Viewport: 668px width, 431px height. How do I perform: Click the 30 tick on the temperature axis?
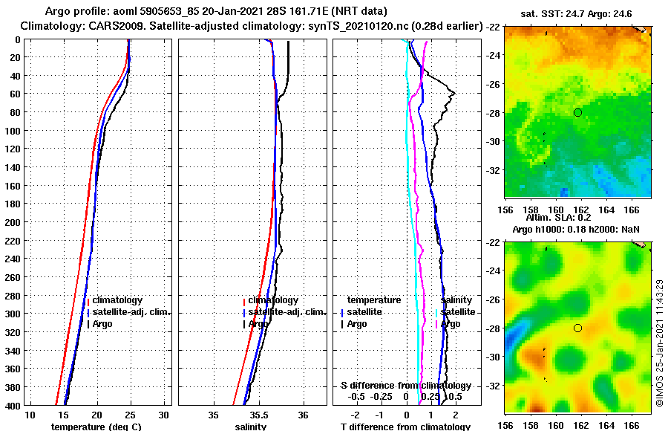[164, 414]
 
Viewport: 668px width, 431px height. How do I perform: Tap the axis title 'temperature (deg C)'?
[96, 427]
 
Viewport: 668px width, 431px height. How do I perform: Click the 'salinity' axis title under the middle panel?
[251, 427]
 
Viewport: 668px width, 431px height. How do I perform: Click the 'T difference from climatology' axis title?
[405, 427]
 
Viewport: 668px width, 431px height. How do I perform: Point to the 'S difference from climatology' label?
[405, 386]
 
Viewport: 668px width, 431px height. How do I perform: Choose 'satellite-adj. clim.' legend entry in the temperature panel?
[130, 312]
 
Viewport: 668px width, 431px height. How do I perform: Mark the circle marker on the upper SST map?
[577, 112]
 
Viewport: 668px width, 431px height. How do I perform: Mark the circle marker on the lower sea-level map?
[577, 328]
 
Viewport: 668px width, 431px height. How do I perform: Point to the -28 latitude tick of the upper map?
[494, 112]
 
